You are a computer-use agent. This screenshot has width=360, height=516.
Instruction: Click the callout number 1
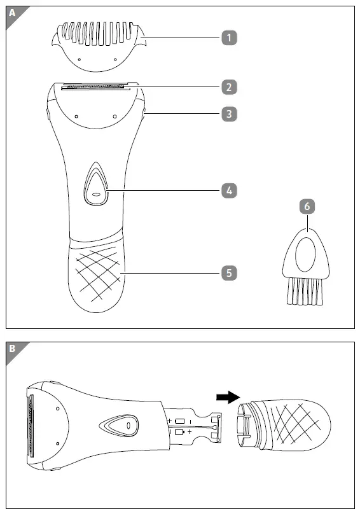[x=229, y=38]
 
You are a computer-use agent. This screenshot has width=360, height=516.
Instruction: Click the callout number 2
[x=229, y=87]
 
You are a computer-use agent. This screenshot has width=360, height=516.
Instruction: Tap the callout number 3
[x=229, y=115]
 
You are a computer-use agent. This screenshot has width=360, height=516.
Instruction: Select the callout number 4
[x=229, y=190]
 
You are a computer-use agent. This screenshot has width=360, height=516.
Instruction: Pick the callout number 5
[x=229, y=273]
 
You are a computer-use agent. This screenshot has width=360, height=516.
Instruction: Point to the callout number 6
[x=307, y=206]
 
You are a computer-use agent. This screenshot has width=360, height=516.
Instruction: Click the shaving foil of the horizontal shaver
[x=30, y=425]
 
